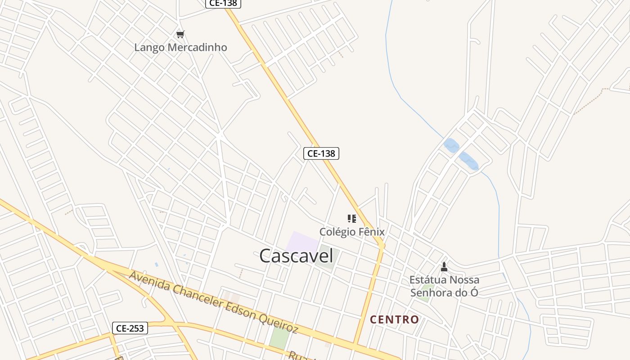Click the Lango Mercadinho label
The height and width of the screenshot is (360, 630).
(180, 47)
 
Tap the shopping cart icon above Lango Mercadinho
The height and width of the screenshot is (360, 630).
(180, 34)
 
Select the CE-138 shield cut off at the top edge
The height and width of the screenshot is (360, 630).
(224, 3)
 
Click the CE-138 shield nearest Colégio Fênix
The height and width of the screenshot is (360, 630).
(321, 153)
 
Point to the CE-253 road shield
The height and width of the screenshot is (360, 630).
(130, 328)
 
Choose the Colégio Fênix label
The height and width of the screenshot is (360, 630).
(352, 232)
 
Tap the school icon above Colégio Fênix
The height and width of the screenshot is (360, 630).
(351, 219)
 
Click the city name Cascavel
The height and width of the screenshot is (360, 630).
(296, 256)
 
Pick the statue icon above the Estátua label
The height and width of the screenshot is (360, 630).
(444, 267)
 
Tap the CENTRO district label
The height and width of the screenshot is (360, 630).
(394, 319)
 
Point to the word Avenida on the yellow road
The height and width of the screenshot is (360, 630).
(145, 280)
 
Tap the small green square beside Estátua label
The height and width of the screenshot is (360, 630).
(427, 287)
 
